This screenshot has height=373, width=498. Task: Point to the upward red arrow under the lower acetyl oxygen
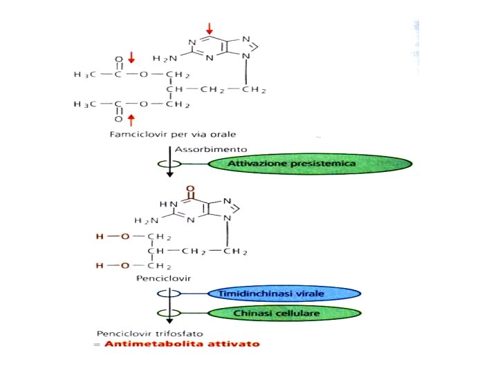pos(131,121)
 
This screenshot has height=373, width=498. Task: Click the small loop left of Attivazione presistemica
pos(168,164)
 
